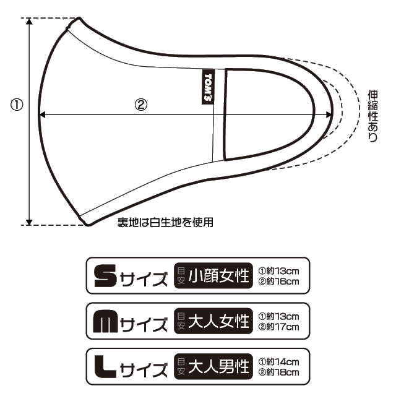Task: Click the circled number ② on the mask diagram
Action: (141, 105)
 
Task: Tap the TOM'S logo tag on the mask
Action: (208, 86)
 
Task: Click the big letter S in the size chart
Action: (103, 276)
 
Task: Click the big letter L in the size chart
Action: (103, 368)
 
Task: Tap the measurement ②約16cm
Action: (278, 282)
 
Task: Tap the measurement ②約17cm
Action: (278, 327)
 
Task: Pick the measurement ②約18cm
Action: (278, 373)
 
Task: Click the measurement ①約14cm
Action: (278, 362)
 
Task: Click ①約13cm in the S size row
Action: (278, 270)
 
